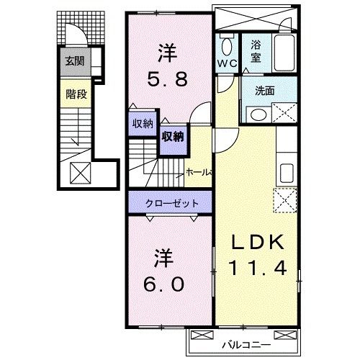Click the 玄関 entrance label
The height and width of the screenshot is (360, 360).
tap(74, 61)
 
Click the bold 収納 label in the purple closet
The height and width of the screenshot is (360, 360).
tap(171, 136)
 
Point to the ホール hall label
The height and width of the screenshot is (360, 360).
tap(197, 172)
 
